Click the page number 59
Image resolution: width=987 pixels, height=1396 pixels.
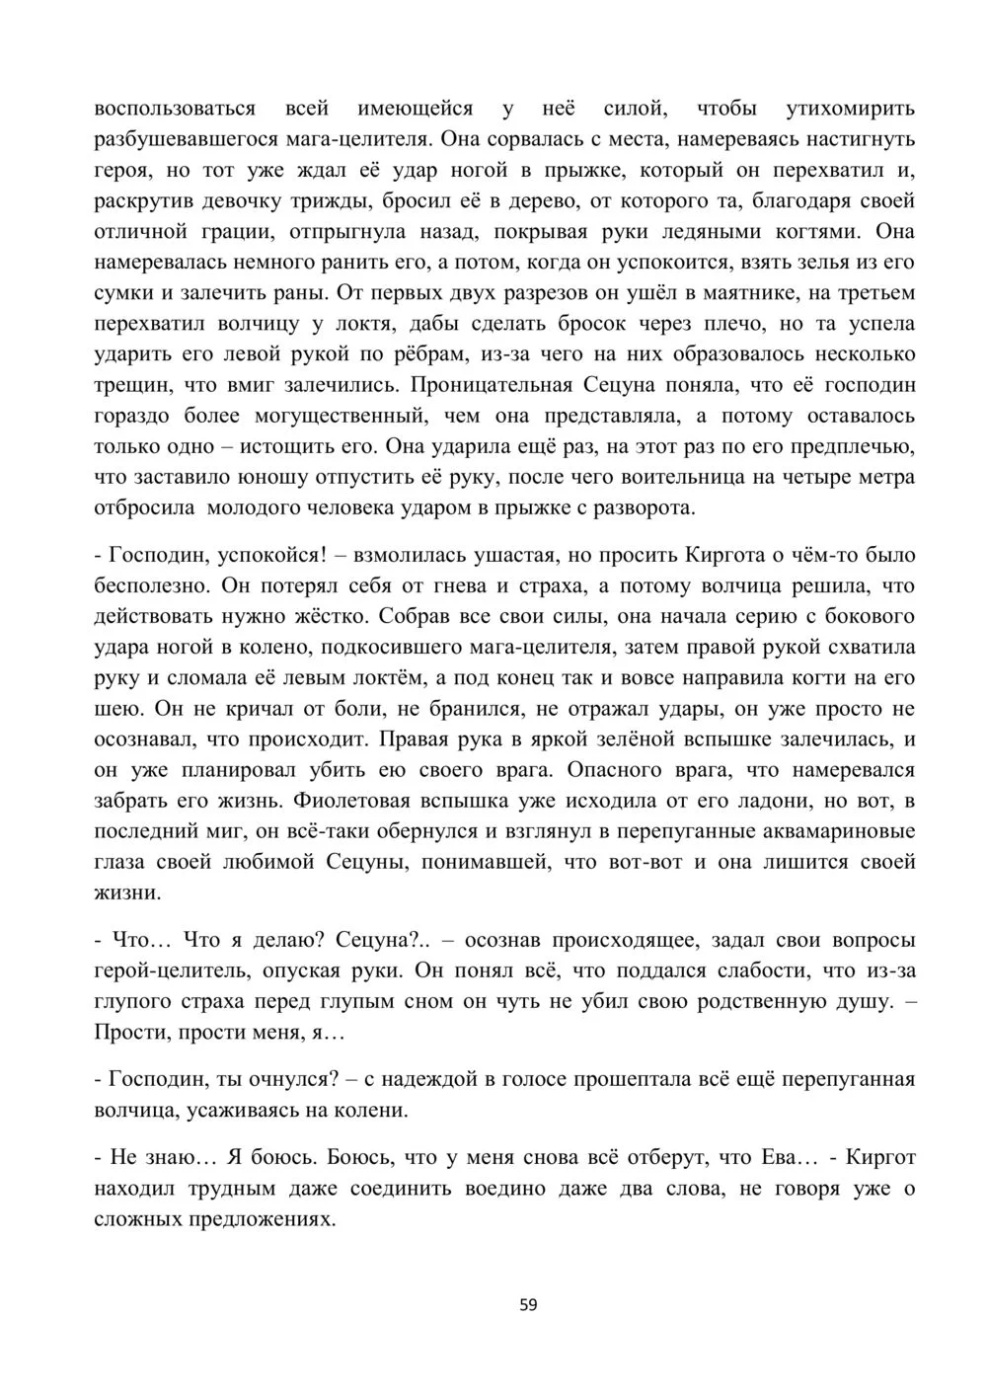(x=528, y=1305)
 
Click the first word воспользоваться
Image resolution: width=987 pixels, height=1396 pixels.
(x=175, y=108)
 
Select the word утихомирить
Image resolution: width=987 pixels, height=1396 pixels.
(x=850, y=108)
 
